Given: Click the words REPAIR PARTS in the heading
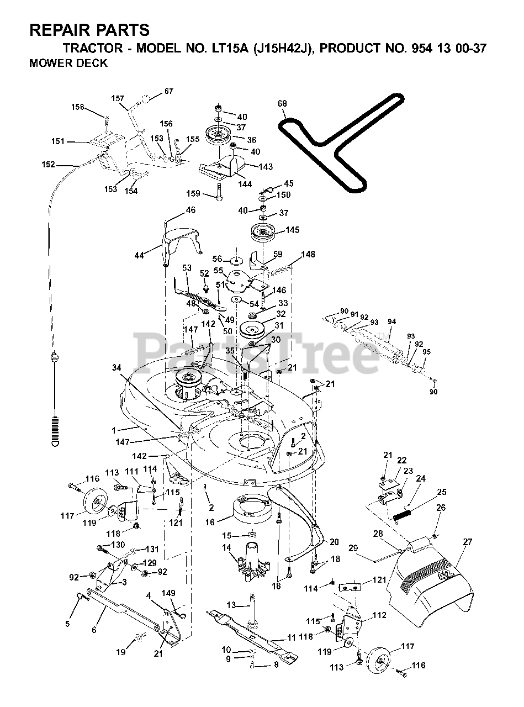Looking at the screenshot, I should pos(89,29).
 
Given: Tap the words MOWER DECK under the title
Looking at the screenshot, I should pos(68,64).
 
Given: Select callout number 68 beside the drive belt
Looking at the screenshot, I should pos(282,103).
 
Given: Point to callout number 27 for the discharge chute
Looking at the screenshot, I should pos(468,542).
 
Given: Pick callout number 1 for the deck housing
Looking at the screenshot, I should pos(114,429).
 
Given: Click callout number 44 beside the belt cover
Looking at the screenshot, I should pos(138,255).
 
